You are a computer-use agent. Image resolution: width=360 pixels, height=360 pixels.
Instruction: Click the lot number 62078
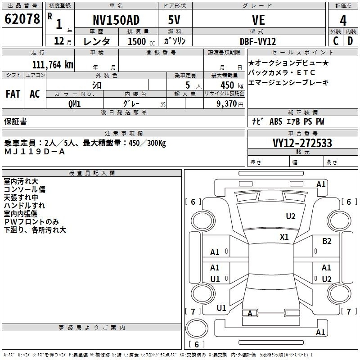(22, 19)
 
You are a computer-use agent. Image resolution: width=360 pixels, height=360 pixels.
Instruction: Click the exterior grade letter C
(335, 41)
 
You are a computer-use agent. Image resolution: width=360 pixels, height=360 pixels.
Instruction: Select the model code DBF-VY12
(258, 41)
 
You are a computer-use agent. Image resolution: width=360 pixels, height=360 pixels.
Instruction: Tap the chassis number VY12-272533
(302, 143)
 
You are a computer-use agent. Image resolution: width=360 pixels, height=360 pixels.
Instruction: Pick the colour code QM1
(74, 103)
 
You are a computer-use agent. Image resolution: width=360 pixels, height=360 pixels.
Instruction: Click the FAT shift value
(13, 94)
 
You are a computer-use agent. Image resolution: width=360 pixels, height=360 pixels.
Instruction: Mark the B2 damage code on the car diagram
(327, 241)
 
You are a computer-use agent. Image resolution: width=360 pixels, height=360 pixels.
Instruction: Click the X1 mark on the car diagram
(284, 237)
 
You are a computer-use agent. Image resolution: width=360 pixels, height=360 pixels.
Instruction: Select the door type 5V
(175, 20)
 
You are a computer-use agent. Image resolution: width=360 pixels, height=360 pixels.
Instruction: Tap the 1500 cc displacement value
(138, 41)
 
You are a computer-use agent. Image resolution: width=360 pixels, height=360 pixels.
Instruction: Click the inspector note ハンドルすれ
(24, 206)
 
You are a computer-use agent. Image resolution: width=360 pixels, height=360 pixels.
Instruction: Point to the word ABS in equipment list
(276, 121)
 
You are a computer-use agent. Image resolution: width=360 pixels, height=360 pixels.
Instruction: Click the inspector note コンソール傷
(24, 189)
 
